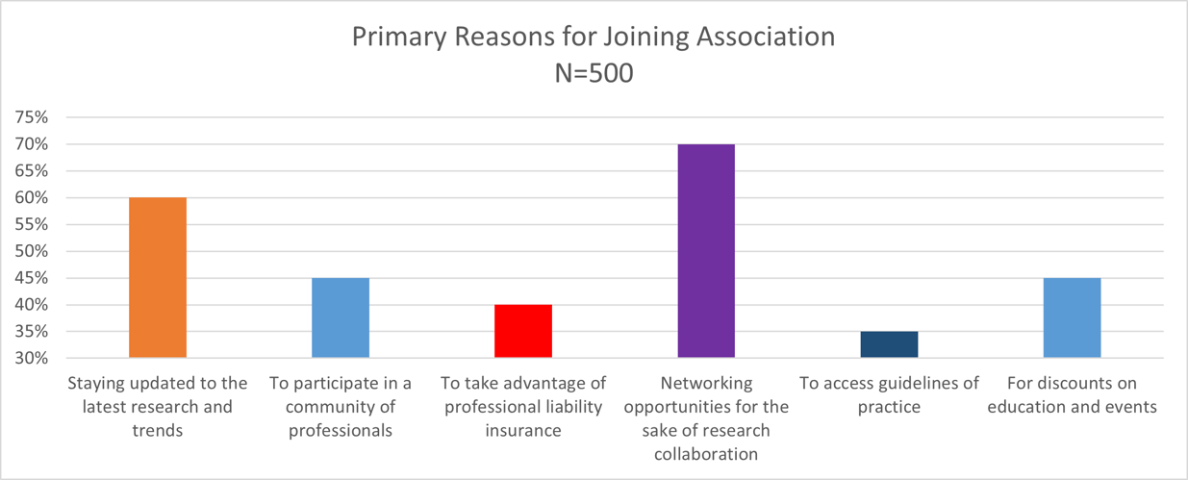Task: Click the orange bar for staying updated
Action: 158,277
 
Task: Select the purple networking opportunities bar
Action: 706,251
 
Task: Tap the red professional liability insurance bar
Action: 523,331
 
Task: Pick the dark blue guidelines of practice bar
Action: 889,344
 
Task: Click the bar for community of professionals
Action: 341,317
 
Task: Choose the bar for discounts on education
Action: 1072,317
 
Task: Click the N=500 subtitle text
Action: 594,72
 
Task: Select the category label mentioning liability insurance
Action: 523,406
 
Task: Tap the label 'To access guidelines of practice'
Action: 889,394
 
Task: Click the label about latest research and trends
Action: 158,406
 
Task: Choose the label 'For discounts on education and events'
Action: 1072,394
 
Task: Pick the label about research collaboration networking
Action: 706,417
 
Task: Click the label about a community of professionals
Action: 341,406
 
